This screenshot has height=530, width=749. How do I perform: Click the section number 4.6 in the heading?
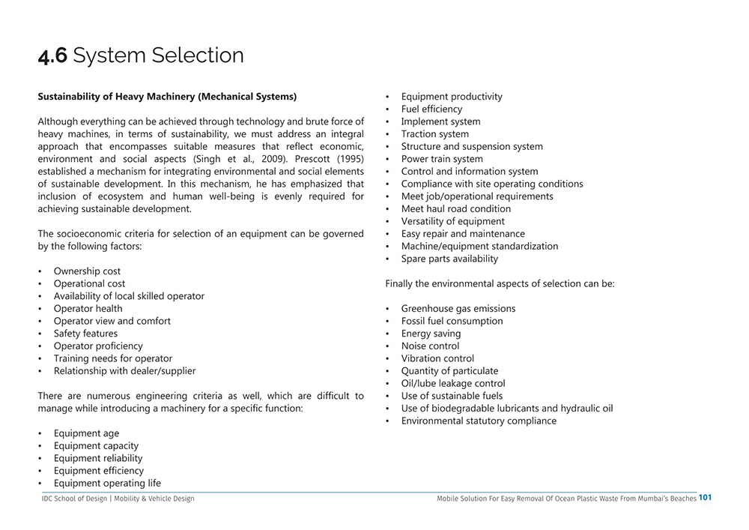(52, 55)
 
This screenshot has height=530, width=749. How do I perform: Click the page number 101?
(705, 497)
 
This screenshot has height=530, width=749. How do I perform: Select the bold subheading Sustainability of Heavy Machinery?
(167, 97)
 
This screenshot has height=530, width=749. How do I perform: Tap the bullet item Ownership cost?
(87, 271)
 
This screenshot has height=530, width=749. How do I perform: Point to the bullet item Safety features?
(85, 334)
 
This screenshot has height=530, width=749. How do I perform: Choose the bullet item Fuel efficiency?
(431, 109)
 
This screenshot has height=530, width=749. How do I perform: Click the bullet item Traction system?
(434, 134)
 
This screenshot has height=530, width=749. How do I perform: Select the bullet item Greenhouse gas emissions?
(458, 309)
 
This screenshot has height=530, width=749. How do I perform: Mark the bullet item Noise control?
(430, 346)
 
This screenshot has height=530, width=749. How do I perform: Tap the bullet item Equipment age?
(86, 433)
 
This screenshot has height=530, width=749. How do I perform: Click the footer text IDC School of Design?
(74, 499)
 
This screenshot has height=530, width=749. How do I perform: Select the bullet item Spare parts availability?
(449, 259)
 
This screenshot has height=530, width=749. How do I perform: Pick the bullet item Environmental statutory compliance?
(479, 421)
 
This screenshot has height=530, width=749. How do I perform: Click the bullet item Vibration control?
(437, 358)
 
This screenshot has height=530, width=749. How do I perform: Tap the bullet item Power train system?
(442, 159)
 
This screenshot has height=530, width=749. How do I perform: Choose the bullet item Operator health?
(88, 309)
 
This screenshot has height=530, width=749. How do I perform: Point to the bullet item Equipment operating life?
(107, 484)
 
